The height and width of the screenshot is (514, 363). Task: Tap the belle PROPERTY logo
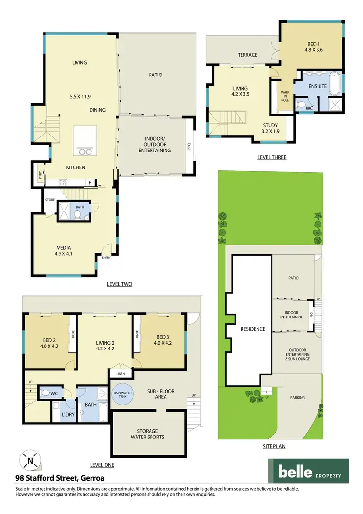308,471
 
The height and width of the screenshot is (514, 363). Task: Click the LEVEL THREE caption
272,157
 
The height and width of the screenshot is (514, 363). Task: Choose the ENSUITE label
318,87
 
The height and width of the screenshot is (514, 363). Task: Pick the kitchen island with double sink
82,144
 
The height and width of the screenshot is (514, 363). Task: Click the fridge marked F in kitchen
90,182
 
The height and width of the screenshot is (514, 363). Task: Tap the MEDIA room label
63,248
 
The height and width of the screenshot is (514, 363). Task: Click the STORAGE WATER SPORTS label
147,434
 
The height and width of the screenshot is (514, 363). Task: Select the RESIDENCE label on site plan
253,329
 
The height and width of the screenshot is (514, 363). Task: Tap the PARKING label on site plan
298,397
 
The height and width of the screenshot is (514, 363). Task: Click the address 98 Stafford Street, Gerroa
60,478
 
